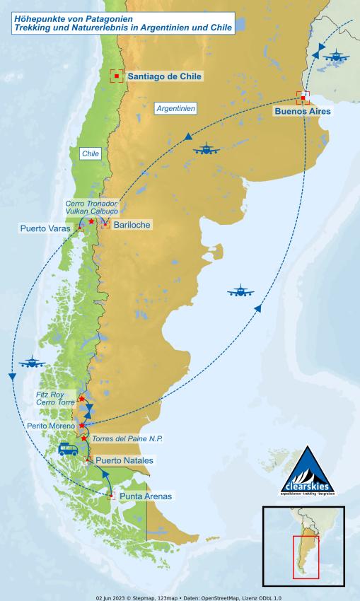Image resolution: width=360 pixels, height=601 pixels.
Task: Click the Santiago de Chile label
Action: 164,76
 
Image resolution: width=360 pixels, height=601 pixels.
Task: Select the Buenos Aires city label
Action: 303,111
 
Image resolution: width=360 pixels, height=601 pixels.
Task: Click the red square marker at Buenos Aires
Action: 303,98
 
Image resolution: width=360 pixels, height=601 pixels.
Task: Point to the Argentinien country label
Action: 175,108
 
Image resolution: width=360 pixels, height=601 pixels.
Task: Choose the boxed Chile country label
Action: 90,153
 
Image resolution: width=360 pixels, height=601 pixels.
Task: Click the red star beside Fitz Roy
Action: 80,399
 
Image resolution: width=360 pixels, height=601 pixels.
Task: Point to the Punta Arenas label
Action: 145,496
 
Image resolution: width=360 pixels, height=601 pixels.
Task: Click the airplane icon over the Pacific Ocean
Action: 33,363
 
